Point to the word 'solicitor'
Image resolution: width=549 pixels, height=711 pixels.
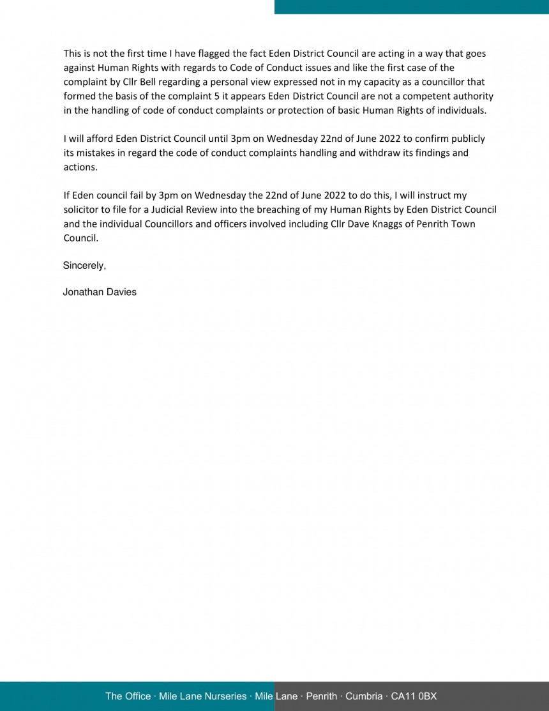coord(82,210)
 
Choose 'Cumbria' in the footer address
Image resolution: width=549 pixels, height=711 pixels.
coord(364,696)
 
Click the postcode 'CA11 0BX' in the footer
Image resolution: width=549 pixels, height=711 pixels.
coord(414,696)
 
